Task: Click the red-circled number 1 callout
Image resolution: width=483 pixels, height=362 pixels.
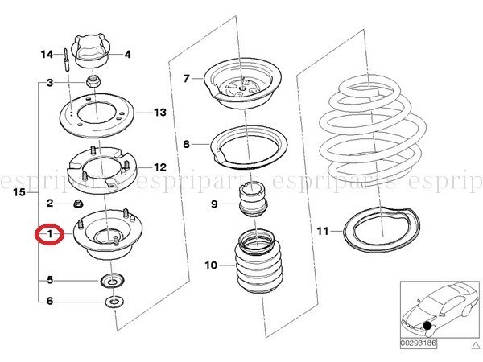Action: tap(50, 234)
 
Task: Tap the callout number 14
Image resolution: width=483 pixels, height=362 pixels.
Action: tap(47, 55)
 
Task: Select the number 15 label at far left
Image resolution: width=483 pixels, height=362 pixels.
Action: tap(19, 192)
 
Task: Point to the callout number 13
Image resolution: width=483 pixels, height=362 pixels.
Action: tap(160, 113)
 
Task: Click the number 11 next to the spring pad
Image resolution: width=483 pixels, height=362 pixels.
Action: tap(323, 231)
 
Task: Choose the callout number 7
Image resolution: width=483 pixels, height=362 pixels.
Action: tap(186, 79)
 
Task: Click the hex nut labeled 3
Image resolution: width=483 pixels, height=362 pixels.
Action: tap(93, 81)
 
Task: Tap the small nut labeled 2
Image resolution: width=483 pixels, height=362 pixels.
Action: tap(78, 204)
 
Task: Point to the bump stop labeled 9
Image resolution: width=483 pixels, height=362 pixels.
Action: tap(254, 200)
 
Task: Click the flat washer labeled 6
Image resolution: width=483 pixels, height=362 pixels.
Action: tap(114, 302)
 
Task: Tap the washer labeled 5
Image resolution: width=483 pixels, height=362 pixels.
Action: tap(113, 281)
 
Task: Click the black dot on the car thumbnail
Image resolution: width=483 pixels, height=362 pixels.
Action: tap(427, 325)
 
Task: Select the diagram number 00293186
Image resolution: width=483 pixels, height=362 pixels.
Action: tap(419, 343)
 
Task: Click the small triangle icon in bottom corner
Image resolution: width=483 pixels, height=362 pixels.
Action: tap(474, 344)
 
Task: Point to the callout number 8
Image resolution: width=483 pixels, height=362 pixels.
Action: tap(187, 144)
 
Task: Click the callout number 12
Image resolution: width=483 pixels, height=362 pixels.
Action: tap(160, 167)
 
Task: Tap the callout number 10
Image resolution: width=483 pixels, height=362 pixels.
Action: tap(211, 265)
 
